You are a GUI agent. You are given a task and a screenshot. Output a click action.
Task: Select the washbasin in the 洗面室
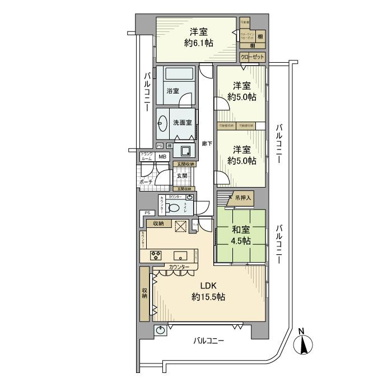pyautogui.click(x=163, y=123)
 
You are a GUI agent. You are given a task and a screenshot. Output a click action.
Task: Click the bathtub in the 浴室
pyautogui.click(x=175, y=74)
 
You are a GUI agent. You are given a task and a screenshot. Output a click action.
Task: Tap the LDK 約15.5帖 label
pyautogui.click(x=208, y=291)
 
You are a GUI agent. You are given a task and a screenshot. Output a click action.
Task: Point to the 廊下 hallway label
pyautogui.click(x=207, y=144)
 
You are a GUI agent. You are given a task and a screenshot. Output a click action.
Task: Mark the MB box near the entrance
pyautogui.click(x=162, y=157)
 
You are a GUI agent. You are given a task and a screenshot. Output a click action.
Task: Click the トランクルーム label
pyautogui.click(x=146, y=157)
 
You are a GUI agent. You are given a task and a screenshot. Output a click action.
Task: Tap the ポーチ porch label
pyautogui.click(x=146, y=183)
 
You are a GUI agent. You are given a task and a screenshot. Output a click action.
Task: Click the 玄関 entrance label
pyautogui.click(x=181, y=176)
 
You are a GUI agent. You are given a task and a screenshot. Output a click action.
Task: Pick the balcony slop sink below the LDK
pyautogui.click(x=161, y=330)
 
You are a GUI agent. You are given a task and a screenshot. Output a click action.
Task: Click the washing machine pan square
pyautogui.click(x=184, y=150)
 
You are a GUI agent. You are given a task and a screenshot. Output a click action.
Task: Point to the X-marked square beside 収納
pyautogui.click(x=181, y=226)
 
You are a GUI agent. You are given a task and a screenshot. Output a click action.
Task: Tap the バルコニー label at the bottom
pyautogui.click(x=208, y=341)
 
